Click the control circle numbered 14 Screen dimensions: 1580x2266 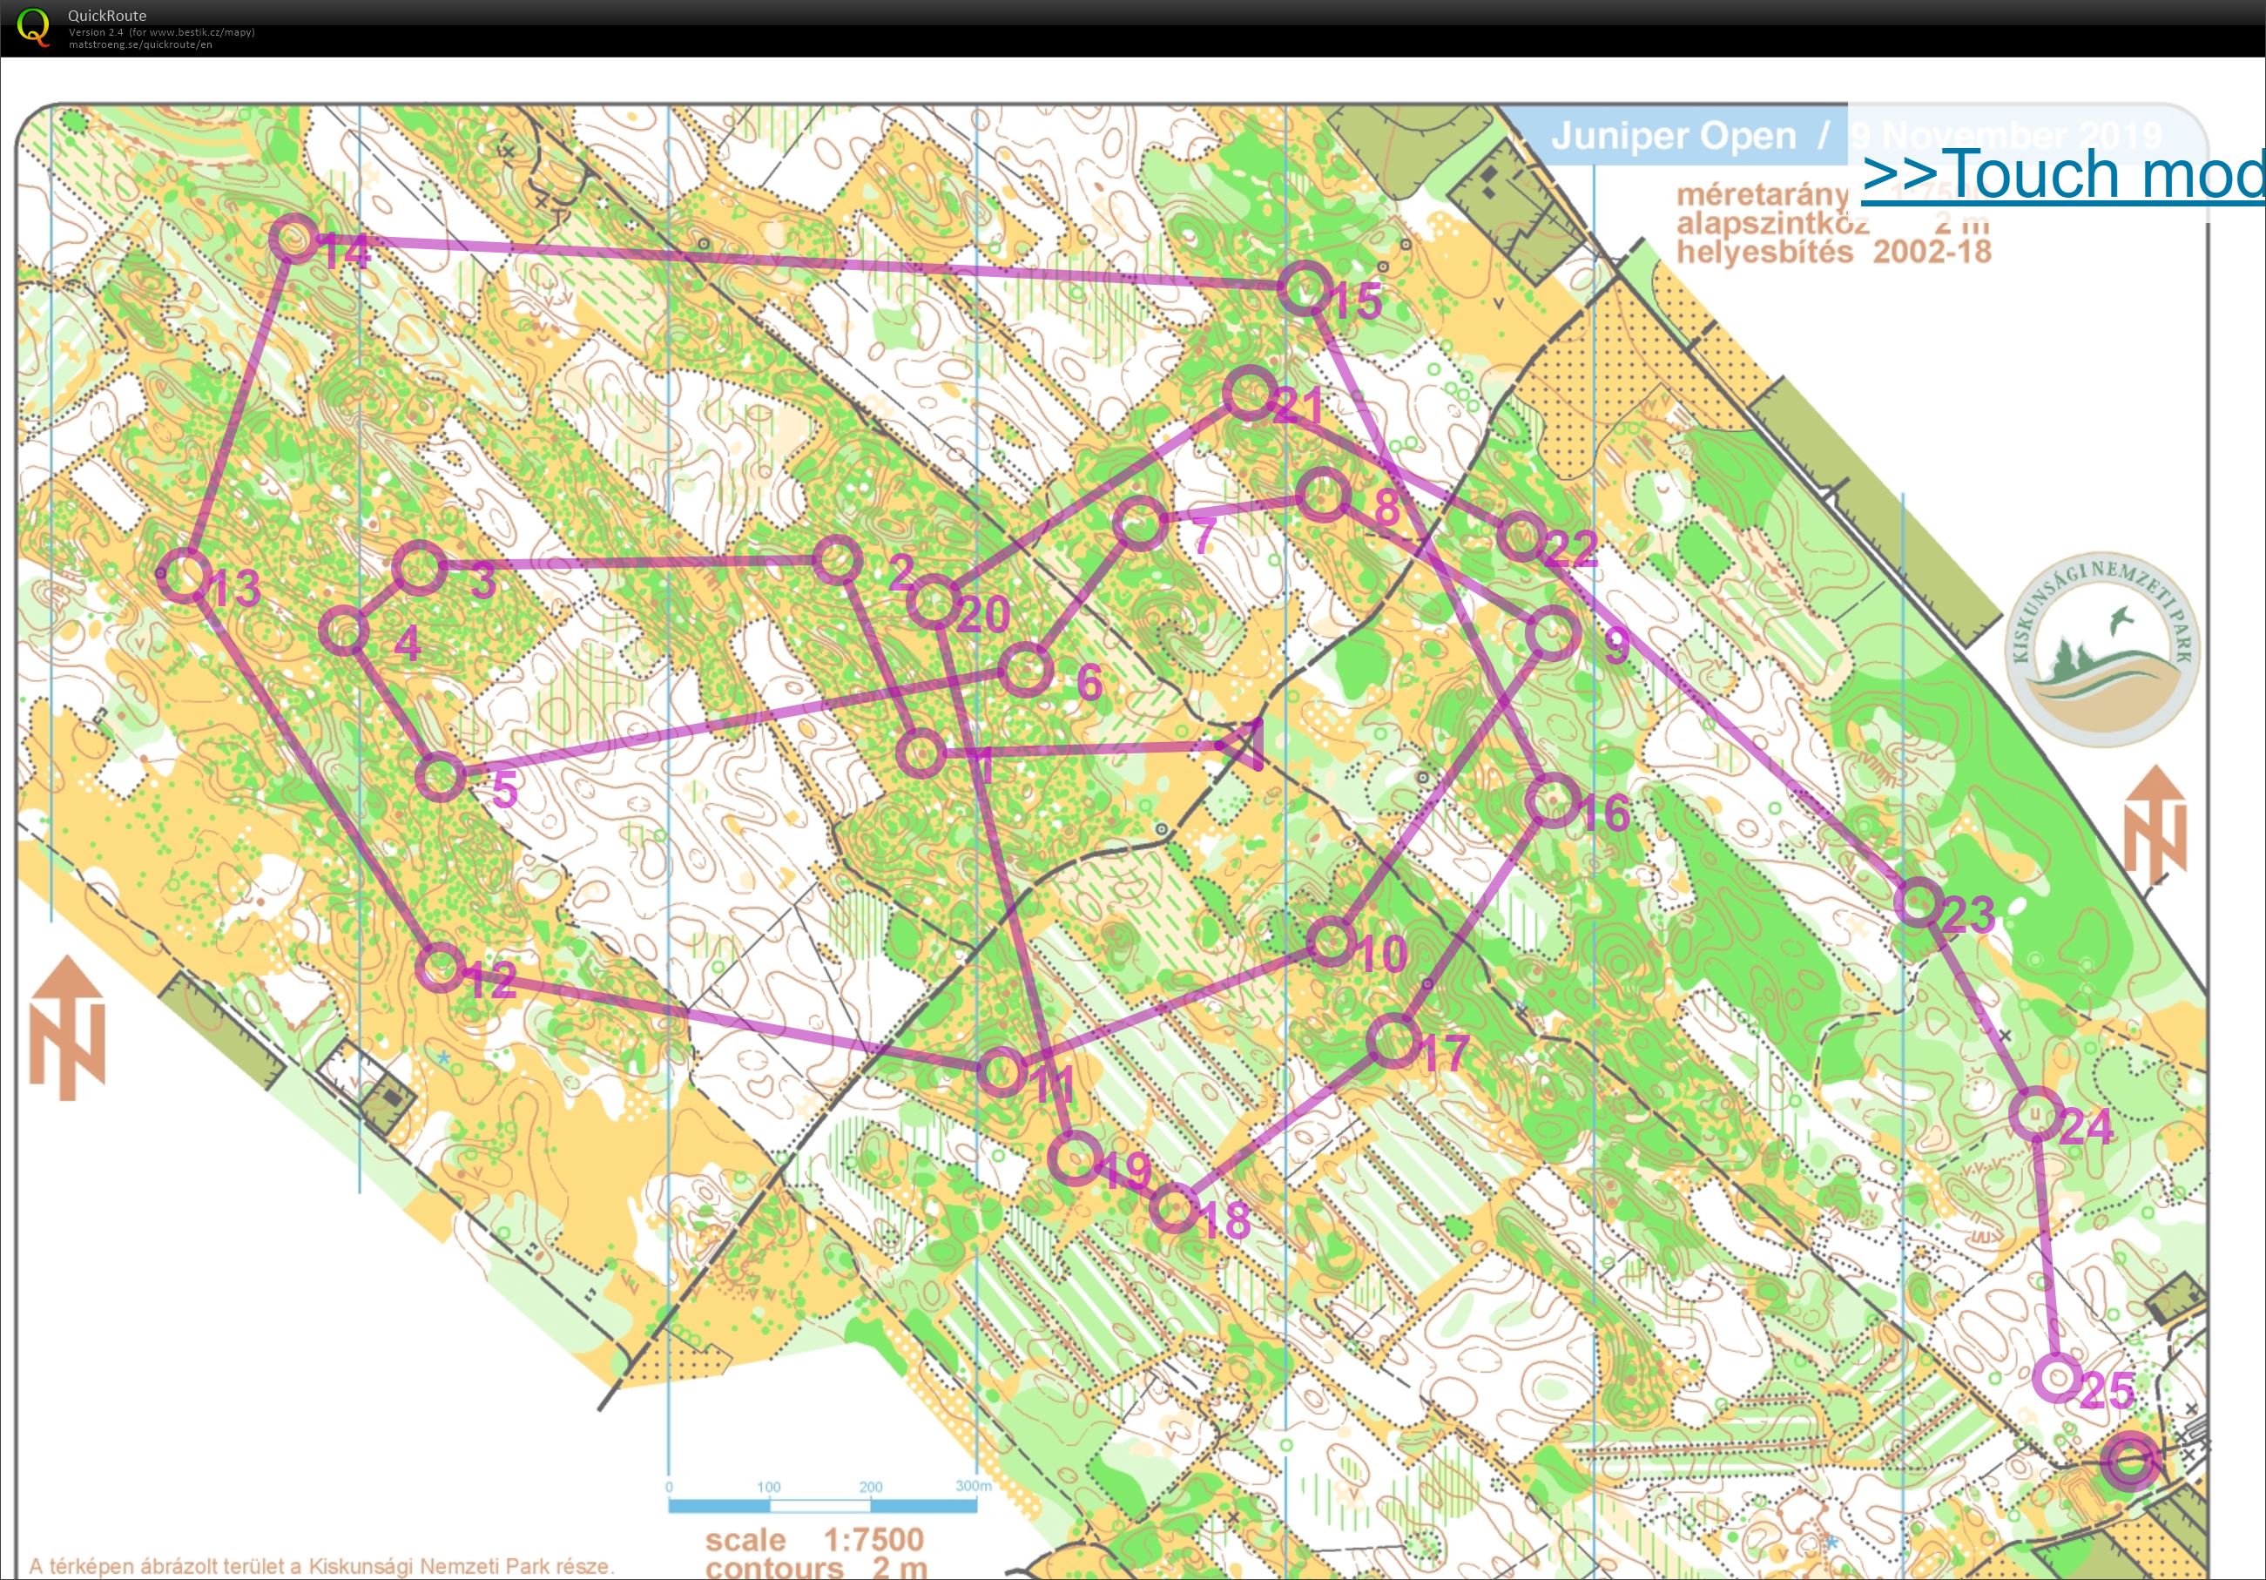[x=293, y=238]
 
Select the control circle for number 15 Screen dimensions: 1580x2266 [x=1304, y=288]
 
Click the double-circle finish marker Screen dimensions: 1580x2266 [x=2130, y=1461]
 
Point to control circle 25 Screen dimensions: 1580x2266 [x=2058, y=1377]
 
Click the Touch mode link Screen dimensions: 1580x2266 [x=2063, y=175]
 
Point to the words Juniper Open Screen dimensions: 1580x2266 [x=1673, y=136]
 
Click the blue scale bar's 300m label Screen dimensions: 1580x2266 [x=972, y=1485]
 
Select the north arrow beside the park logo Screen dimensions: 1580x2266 [x=2155, y=824]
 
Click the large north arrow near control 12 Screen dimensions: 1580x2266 [x=67, y=1026]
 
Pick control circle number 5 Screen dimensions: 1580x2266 [x=440, y=777]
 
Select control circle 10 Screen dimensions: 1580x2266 [x=1331, y=941]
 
